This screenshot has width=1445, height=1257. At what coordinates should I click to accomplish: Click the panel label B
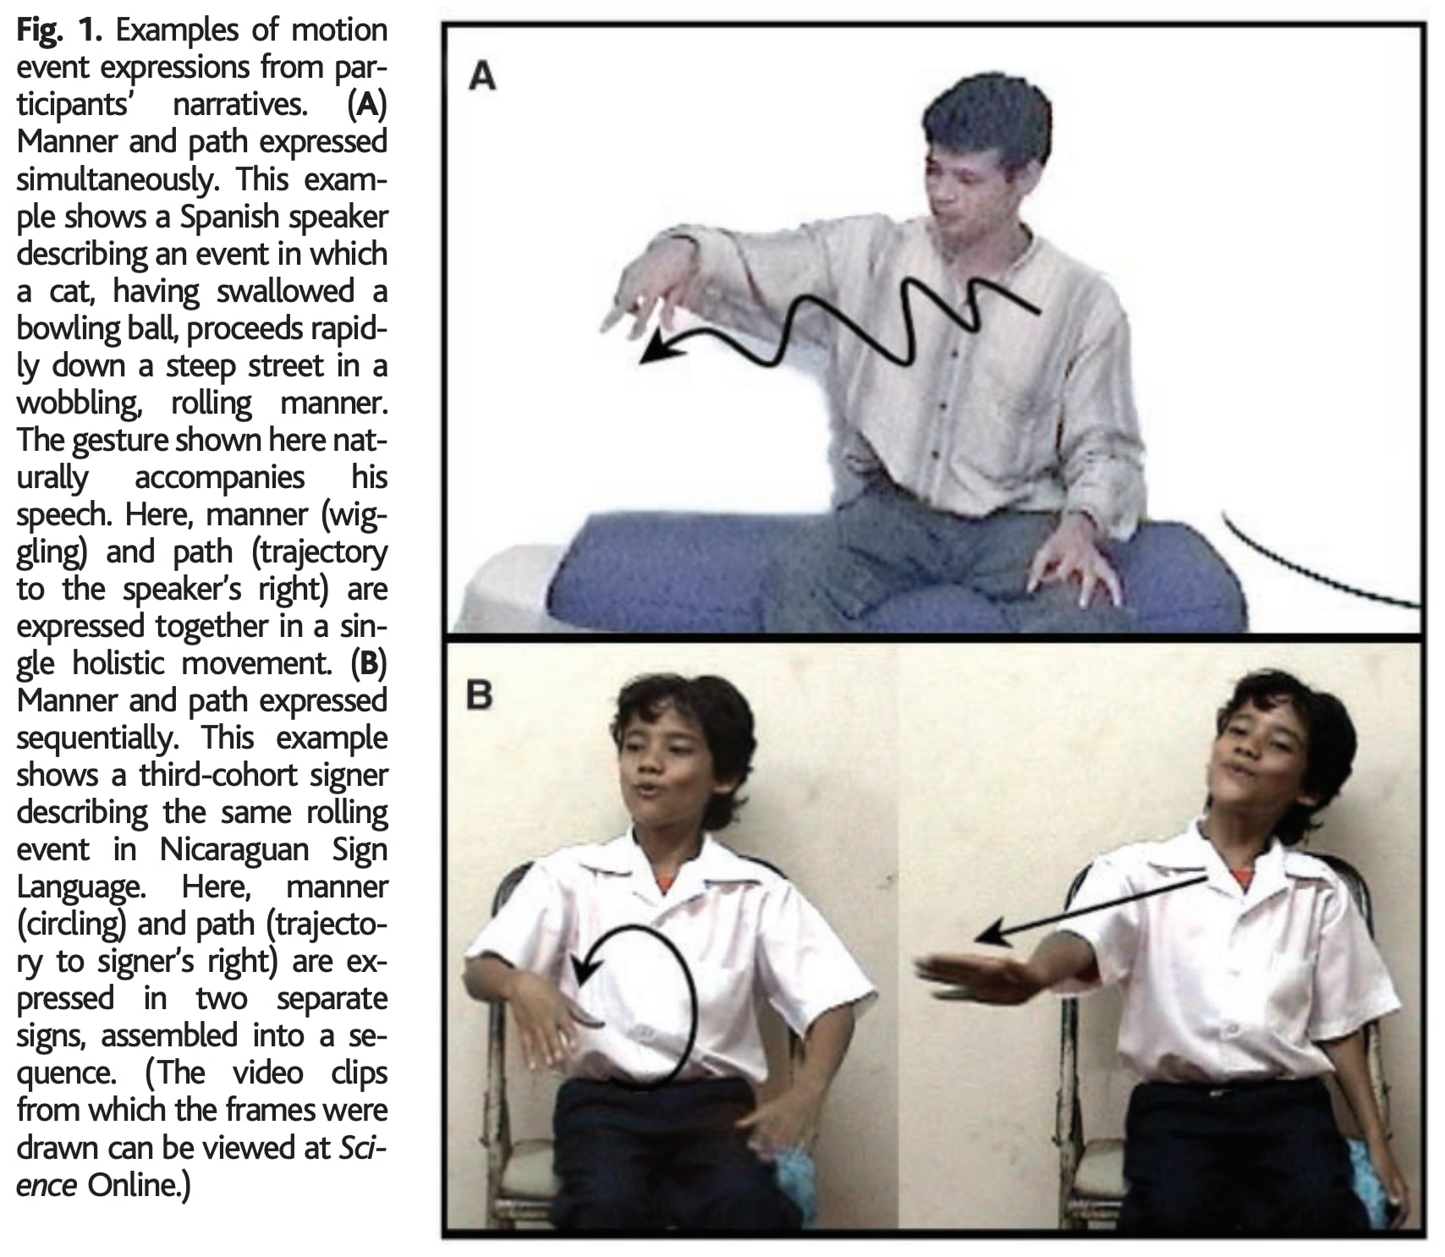(x=480, y=696)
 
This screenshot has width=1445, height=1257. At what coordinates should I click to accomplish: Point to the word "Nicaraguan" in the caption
(x=234, y=849)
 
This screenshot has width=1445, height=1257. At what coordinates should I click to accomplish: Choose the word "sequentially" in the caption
(x=97, y=738)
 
